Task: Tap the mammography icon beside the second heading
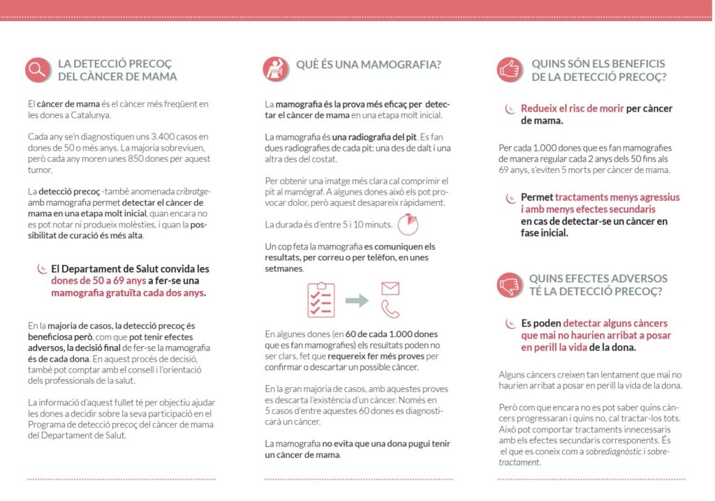[276, 69]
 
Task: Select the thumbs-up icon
[510, 69]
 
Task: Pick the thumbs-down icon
[510, 284]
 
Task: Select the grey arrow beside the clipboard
[357, 300]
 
